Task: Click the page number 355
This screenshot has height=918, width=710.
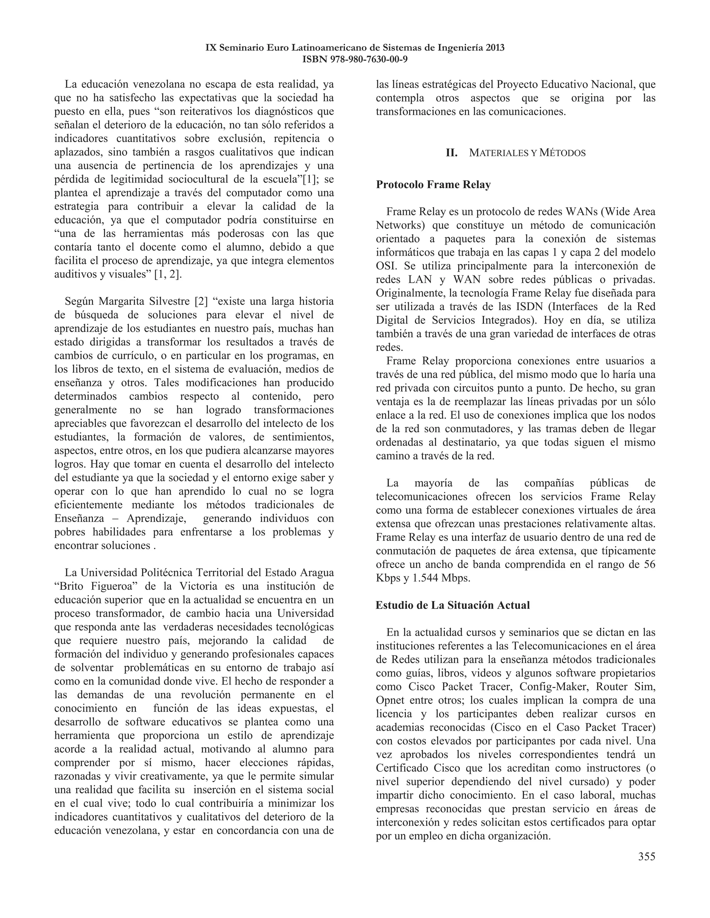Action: (x=646, y=856)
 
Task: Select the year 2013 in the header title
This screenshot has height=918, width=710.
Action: (x=495, y=47)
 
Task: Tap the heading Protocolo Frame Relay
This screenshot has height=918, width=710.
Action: (x=433, y=185)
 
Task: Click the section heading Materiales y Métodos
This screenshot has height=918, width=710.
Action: (x=527, y=153)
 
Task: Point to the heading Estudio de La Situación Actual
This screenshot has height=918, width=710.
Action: (x=452, y=605)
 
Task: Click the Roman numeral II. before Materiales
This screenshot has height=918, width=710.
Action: (x=452, y=153)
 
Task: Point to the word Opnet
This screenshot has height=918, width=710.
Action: (x=390, y=700)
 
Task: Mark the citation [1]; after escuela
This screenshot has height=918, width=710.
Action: (x=312, y=179)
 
